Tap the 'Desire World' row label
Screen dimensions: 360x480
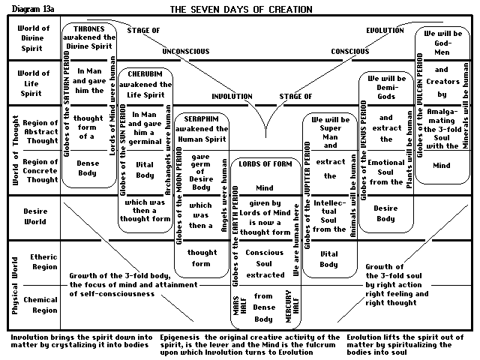coord(34,217)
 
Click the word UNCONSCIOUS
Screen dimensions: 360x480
coord(189,52)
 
